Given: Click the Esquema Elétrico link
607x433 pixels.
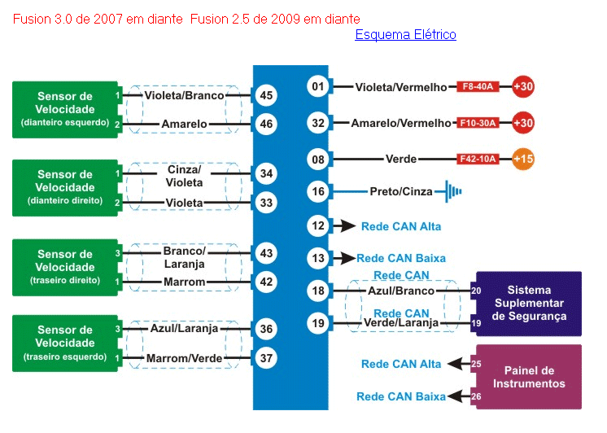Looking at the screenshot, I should pos(405,35).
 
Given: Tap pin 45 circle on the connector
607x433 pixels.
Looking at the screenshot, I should pos(265,95).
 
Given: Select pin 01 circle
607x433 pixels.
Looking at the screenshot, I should pos(318,86).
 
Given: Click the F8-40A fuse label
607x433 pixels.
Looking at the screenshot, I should pos(478,86).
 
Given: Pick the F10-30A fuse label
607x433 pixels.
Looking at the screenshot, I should pos(478,123).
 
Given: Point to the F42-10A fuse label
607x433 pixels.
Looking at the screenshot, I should pos(477,159).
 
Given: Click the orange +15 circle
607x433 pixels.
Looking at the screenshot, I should pos(523,159).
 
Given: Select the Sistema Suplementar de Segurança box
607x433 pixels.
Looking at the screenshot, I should pos(529,303).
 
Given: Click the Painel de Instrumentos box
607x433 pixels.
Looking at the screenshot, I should pos(529,377).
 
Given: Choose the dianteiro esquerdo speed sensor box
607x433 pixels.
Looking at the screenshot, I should pos(65,109).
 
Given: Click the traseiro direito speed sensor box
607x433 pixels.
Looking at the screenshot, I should pos(65,267).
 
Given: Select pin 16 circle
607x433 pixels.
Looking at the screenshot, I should pos(318,192).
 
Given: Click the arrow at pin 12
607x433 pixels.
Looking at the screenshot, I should pos(347,225).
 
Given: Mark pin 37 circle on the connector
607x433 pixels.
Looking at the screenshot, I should pos(265,358).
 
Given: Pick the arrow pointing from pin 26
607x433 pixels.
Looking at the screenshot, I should pos(459,396).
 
